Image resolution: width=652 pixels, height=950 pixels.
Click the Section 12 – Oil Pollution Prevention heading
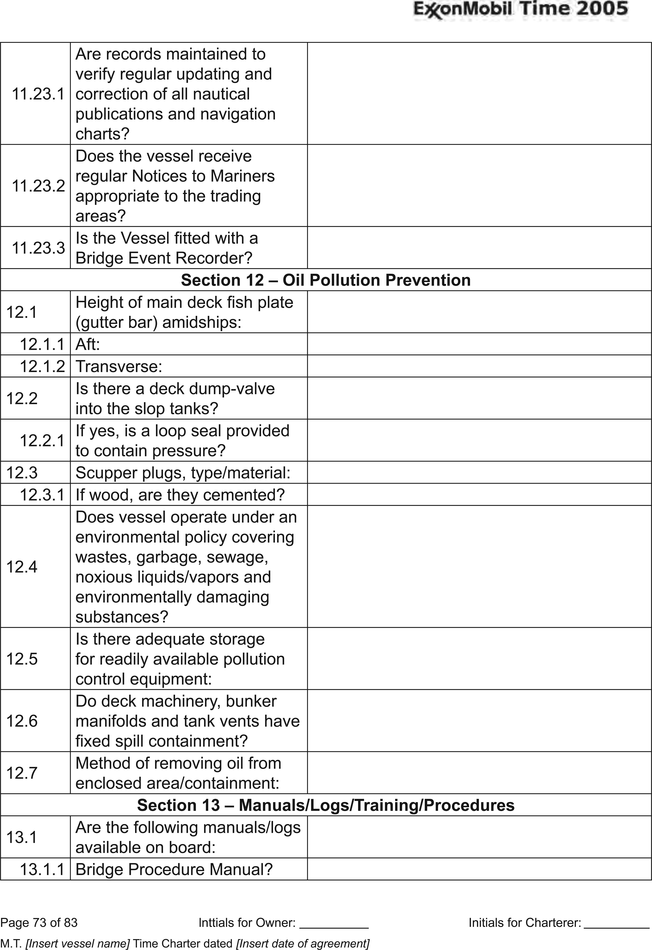[326, 280]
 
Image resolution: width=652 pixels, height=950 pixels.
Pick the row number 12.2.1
[42, 440]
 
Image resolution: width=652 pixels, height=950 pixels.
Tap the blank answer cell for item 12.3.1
[479, 495]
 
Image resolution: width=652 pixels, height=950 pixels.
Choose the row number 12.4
[22, 567]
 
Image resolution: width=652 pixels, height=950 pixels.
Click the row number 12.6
[22, 721]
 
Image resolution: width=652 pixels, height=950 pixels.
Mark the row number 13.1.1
[42, 869]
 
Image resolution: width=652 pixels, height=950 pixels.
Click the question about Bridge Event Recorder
[167, 248]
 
